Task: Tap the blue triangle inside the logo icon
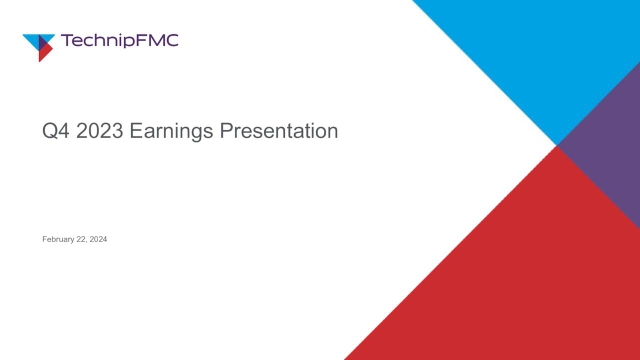point(36,39)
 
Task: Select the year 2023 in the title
point(98,131)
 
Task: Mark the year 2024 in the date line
point(98,239)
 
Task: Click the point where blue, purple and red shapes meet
point(556,146)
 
